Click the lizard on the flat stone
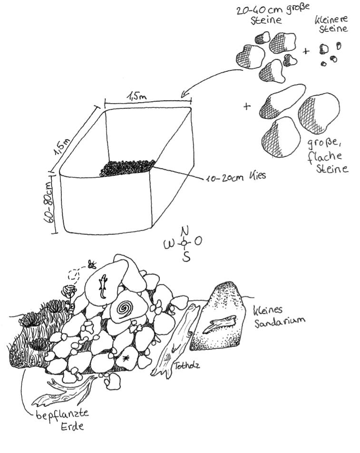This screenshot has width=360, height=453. coord(103,286)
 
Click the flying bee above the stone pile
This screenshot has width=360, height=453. coord(92,264)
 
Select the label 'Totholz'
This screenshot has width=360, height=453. coord(186,366)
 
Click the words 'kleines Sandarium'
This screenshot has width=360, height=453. coord(279,317)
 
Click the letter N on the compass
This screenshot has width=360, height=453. coord(185,231)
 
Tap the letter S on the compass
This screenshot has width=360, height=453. coord(186,256)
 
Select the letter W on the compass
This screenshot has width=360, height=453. coord(169,244)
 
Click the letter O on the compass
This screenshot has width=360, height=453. coord(198,241)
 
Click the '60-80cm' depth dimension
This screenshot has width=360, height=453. coord(49,202)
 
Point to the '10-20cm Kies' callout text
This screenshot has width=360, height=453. coord(235,177)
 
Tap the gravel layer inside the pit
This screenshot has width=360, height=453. coord(127,168)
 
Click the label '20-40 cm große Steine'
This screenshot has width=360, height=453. coord(272,14)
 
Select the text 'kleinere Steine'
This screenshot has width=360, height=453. coord(331,24)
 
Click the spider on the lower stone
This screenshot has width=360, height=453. coord(126,358)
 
